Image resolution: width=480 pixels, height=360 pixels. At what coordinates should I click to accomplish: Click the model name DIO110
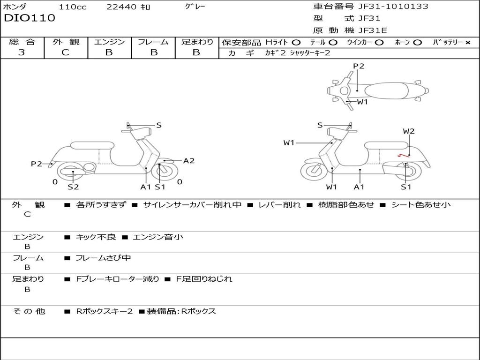(x=30, y=18)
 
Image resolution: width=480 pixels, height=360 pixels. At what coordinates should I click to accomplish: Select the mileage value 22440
(x=121, y=7)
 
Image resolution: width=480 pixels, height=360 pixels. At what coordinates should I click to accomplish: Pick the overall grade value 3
(x=22, y=52)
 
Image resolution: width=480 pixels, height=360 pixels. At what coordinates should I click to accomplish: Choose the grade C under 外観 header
(x=66, y=52)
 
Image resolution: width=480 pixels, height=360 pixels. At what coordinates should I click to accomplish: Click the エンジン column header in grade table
(x=110, y=42)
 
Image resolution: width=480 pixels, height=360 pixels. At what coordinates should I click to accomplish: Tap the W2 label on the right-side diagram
(x=409, y=131)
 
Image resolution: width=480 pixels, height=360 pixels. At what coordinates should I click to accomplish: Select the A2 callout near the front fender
(x=189, y=161)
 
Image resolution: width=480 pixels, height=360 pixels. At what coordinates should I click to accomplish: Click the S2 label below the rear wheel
(x=73, y=187)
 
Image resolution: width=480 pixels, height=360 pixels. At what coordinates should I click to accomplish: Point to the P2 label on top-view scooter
(x=359, y=66)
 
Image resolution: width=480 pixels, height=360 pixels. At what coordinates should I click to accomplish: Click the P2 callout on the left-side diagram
(x=37, y=164)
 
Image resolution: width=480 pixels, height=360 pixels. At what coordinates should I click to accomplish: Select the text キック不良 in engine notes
(x=96, y=237)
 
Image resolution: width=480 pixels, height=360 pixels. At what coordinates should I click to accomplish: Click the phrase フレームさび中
(x=103, y=258)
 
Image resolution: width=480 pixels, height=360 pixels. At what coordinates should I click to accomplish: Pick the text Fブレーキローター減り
(x=118, y=279)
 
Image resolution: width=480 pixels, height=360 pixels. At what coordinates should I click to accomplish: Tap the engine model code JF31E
(x=373, y=30)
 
